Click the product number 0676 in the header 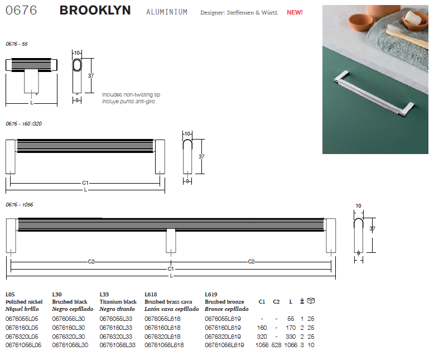point(21,11)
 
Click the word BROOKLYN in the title point(95,11)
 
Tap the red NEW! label point(295,12)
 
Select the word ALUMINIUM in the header point(167,12)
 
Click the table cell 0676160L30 point(69,328)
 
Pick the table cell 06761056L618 point(164,345)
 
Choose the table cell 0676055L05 point(22,319)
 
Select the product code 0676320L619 point(223,337)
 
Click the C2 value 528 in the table point(276,345)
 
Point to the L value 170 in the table point(291,328)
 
